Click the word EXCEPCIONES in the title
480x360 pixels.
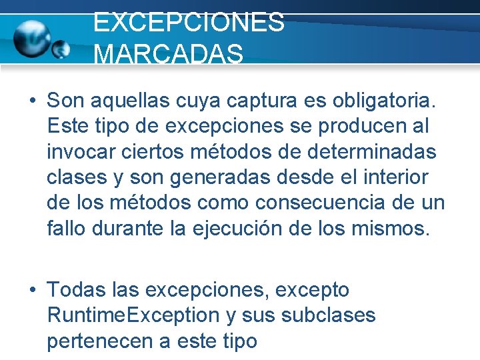pyautogui.click(x=189, y=22)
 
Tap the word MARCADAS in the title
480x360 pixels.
pyautogui.click(x=169, y=55)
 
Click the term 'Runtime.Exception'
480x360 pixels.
pyautogui.click(x=133, y=315)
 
